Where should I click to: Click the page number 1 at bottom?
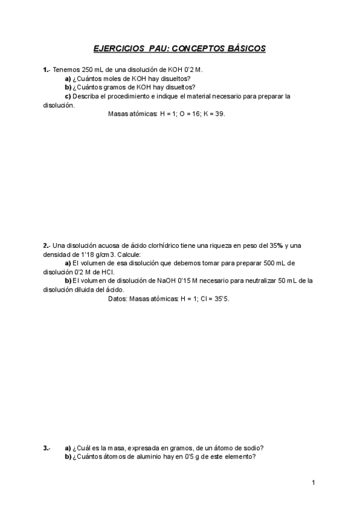point(313,483)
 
